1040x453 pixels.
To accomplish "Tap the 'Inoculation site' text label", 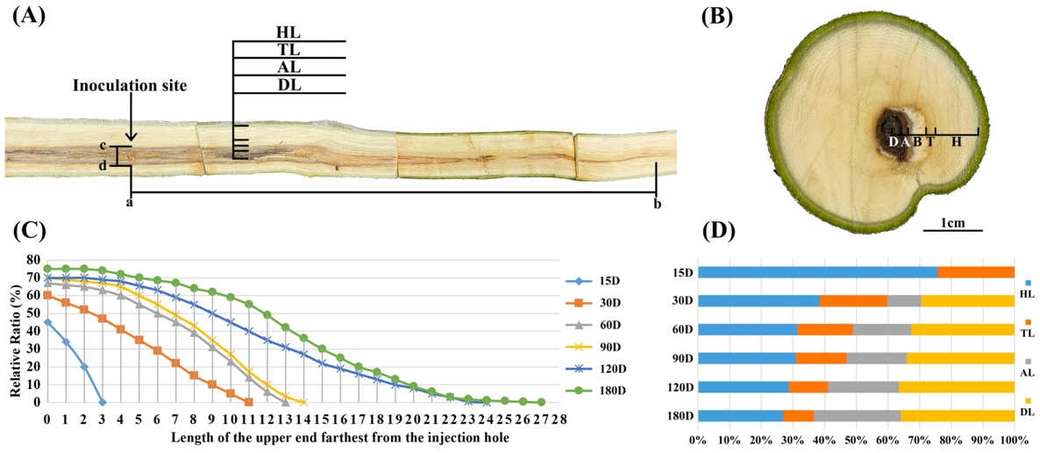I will coord(130,85).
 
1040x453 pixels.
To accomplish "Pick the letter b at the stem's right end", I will coord(657,204).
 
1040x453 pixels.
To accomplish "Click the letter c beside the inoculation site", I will coord(103,146).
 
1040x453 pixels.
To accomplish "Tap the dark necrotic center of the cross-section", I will coord(894,136).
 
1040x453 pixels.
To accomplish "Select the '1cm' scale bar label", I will coord(952,222).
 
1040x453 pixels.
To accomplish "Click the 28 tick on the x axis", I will coord(559,418).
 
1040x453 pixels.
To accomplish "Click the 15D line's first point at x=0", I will coord(47,322).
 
